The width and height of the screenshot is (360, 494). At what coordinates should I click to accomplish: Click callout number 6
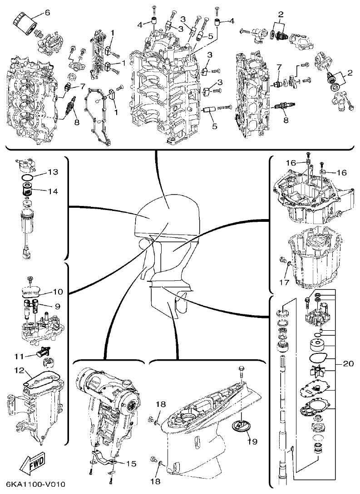click(x=47, y=12)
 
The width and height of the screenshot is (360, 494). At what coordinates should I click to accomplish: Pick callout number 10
click(x=58, y=291)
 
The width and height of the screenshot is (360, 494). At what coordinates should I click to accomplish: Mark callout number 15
click(x=131, y=464)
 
